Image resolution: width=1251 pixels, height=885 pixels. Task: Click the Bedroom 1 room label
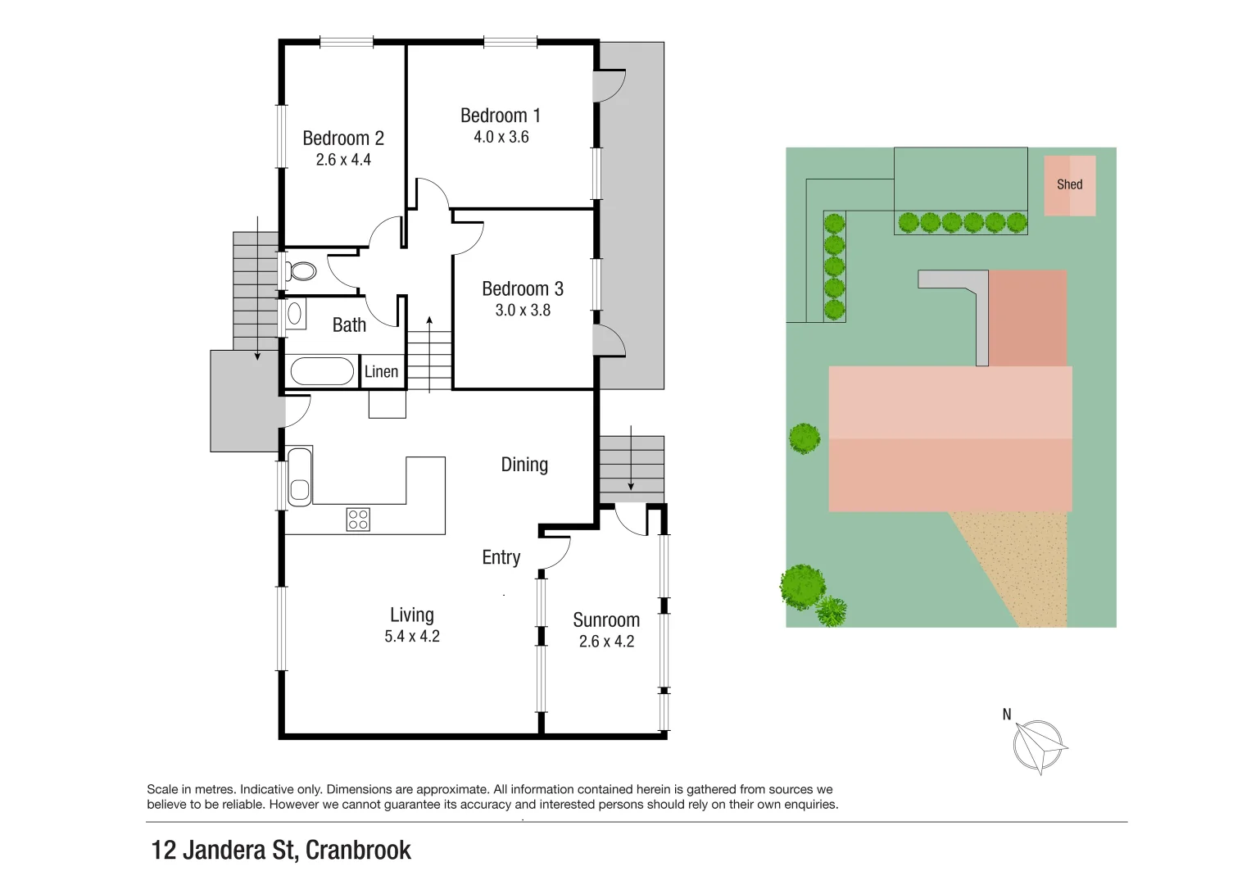(x=500, y=116)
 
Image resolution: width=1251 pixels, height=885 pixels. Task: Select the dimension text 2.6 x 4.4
(x=343, y=160)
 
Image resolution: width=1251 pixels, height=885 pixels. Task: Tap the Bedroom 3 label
(x=522, y=288)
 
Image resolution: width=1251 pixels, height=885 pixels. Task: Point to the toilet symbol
(x=301, y=271)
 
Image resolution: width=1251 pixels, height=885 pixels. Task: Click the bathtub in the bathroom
(x=322, y=371)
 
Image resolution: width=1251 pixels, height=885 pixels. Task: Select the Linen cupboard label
(x=381, y=372)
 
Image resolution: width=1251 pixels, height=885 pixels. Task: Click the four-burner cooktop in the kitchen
(x=358, y=520)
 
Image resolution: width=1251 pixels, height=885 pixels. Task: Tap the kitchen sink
(x=300, y=476)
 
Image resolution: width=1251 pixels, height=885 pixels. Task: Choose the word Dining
(x=524, y=465)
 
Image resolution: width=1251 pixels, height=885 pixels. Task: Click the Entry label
(x=501, y=557)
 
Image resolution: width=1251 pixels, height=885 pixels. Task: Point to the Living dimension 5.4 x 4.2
(x=412, y=637)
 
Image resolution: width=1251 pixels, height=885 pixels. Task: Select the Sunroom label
(x=606, y=620)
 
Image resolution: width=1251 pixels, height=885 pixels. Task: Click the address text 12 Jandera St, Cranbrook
(x=281, y=851)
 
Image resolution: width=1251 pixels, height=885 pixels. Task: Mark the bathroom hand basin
(x=295, y=314)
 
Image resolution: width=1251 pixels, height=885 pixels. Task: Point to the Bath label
(x=349, y=325)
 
